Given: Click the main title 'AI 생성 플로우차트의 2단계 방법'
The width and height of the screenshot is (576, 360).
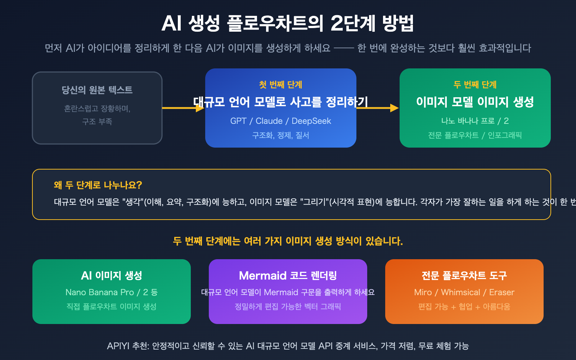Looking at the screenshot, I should pyautogui.click(x=288, y=23).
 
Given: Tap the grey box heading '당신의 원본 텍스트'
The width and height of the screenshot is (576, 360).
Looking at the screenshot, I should pyautogui.click(x=97, y=90).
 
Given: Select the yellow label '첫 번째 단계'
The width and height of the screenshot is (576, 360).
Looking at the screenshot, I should pyautogui.click(x=280, y=85).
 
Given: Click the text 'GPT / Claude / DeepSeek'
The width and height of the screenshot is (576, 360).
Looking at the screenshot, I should pyautogui.click(x=280, y=121).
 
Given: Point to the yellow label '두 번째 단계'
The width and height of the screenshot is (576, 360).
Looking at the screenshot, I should pyautogui.click(x=475, y=85).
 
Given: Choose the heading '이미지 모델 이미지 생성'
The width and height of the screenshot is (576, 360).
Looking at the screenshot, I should pyautogui.click(x=475, y=102).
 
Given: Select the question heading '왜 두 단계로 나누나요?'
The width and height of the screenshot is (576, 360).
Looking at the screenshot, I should pyautogui.click(x=98, y=185).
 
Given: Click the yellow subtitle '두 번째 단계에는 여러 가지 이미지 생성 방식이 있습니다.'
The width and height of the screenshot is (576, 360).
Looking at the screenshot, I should pyautogui.click(x=288, y=241).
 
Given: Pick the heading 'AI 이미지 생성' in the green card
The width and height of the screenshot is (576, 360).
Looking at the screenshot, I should pyautogui.click(x=112, y=275).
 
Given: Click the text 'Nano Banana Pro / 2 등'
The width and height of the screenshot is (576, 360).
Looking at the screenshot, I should pyautogui.click(x=112, y=292).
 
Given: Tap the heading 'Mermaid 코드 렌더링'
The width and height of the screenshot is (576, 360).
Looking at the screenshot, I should pyautogui.click(x=288, y=275).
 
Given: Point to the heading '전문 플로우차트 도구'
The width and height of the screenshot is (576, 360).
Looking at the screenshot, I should pyautogui.click(x=464, y=275).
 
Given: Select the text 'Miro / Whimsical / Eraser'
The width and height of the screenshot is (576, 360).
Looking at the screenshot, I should pyautogui.click(x=464, y=292).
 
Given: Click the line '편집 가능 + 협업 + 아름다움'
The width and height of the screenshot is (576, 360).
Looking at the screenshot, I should pyautogui.click(x=464, y=307).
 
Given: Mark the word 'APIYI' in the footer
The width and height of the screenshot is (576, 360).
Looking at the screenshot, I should pyautogui.click(x=118, y=346).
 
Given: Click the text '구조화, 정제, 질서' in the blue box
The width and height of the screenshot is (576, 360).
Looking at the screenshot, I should pyautogui.click(x=280, y=135).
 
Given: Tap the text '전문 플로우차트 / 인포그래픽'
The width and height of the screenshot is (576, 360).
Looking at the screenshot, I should pyautogui.click(x=475, y=135).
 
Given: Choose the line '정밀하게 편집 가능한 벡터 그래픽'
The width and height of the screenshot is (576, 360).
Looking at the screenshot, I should pyautogui.click(x=288, y=307).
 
